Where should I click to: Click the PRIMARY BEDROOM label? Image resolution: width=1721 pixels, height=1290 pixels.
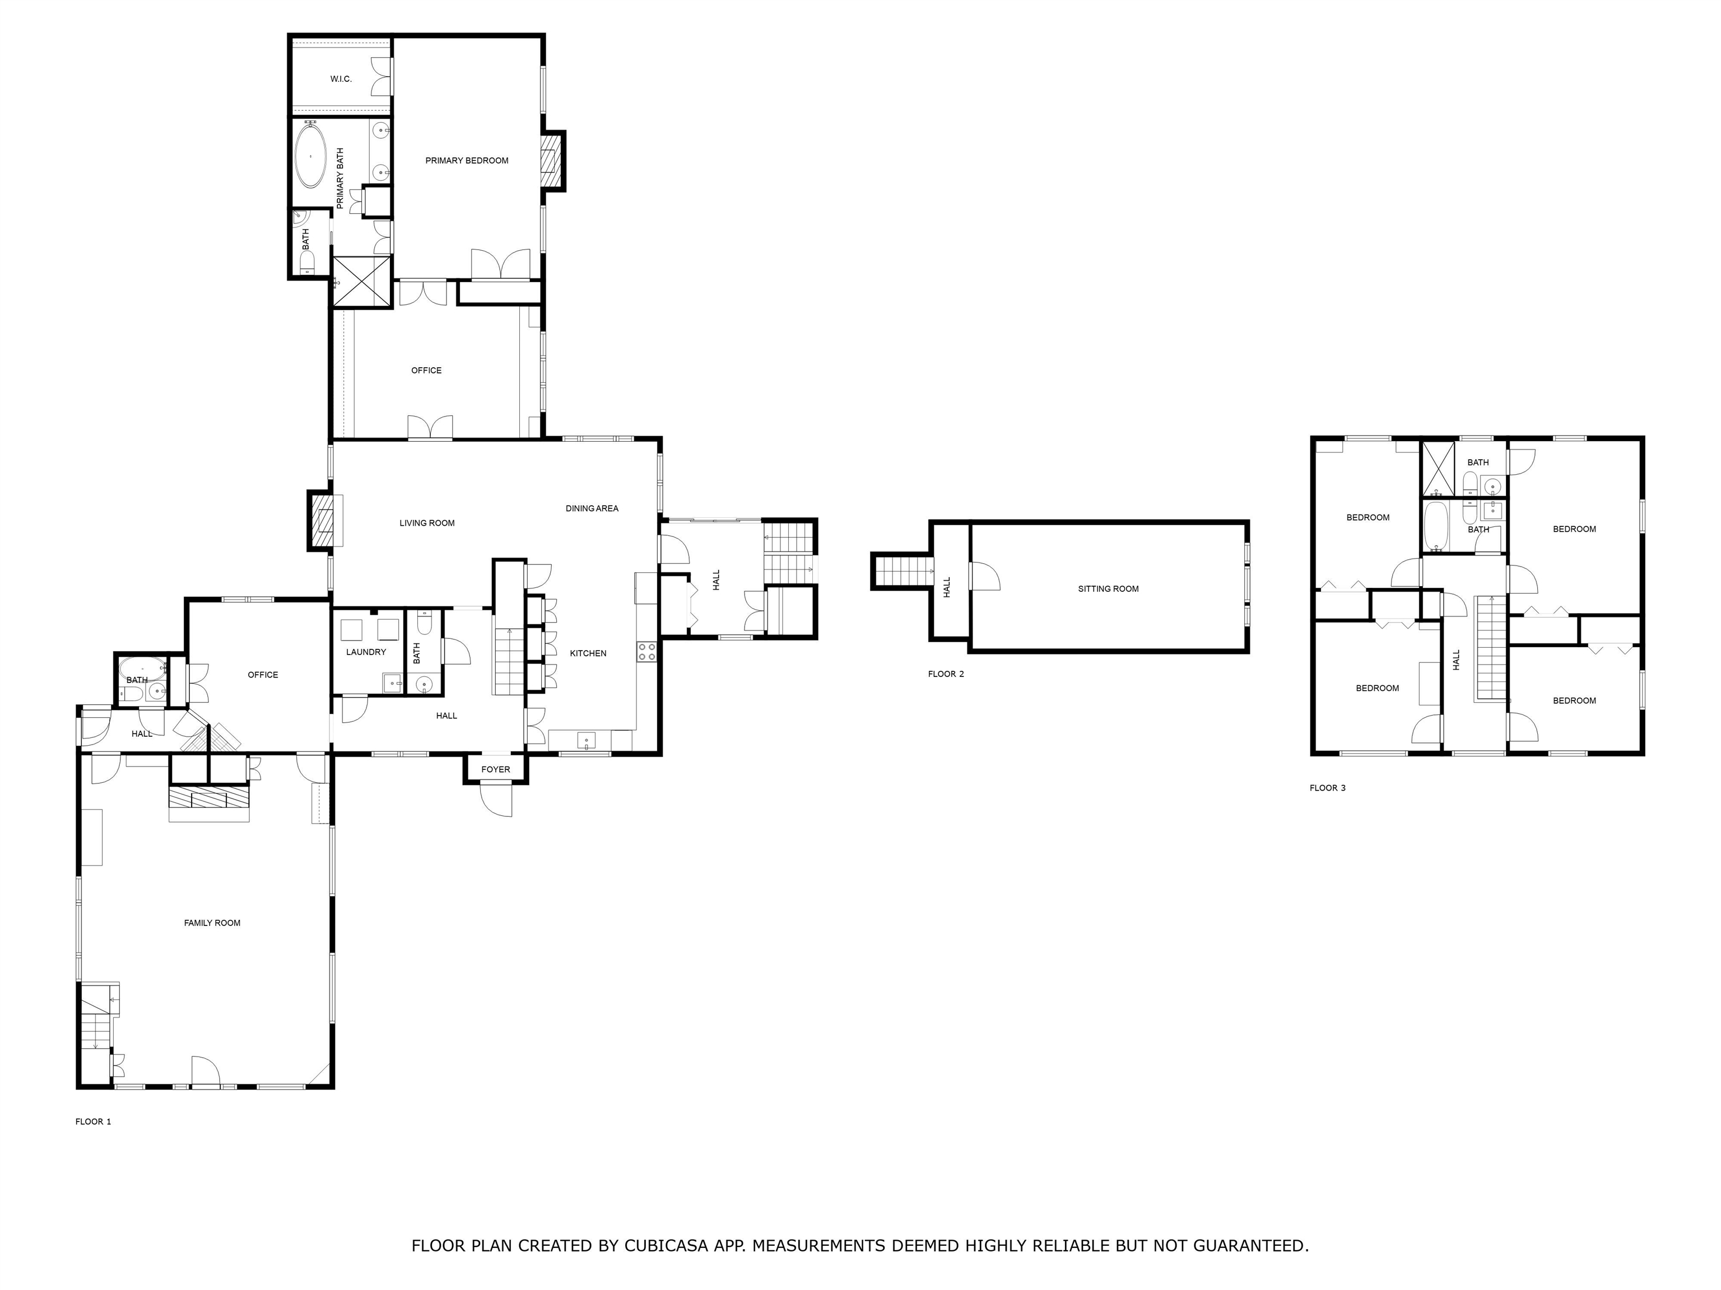(x=466, y=161)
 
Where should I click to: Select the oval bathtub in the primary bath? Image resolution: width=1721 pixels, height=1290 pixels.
(x=311, y=156)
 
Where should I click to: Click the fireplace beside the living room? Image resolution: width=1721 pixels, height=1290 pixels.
(x=322, y=521)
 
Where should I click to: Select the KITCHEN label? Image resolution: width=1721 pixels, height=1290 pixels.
(x=588, y=653)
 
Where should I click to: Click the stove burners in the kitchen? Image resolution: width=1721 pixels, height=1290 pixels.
(x=646, y=652)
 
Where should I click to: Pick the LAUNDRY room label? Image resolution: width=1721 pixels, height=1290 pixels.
(x=366, y=652)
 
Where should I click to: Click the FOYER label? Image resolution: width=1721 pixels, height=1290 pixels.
(x=496, y=770)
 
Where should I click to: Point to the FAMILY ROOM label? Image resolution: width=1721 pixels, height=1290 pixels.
(x=212, y=923)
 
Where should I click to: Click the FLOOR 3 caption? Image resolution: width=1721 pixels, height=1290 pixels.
(x=1327, y=788)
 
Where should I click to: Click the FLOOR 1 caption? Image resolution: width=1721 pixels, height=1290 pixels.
(x=92, y=1122)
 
